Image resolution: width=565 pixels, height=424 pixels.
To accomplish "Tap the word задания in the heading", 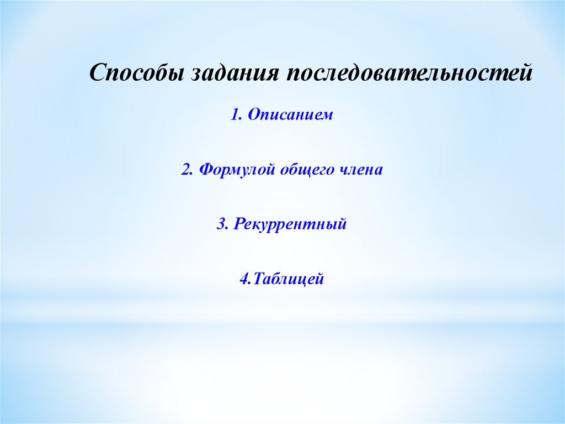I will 236,73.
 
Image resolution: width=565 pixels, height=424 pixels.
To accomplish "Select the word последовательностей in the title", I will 409,73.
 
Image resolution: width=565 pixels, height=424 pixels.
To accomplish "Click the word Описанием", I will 290,115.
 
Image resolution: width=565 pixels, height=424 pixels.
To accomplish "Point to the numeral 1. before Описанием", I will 237,115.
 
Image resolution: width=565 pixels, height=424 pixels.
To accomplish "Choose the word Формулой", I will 237,169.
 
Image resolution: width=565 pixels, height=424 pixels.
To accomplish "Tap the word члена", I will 361,169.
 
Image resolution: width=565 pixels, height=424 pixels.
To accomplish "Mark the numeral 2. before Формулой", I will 187,169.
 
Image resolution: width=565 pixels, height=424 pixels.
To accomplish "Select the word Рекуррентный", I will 290,224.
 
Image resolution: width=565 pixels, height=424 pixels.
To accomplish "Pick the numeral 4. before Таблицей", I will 244,279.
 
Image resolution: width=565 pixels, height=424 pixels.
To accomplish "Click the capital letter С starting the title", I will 97,73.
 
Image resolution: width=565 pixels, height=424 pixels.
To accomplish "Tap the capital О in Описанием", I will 254,115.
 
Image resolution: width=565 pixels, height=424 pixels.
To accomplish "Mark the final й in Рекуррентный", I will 341,224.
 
